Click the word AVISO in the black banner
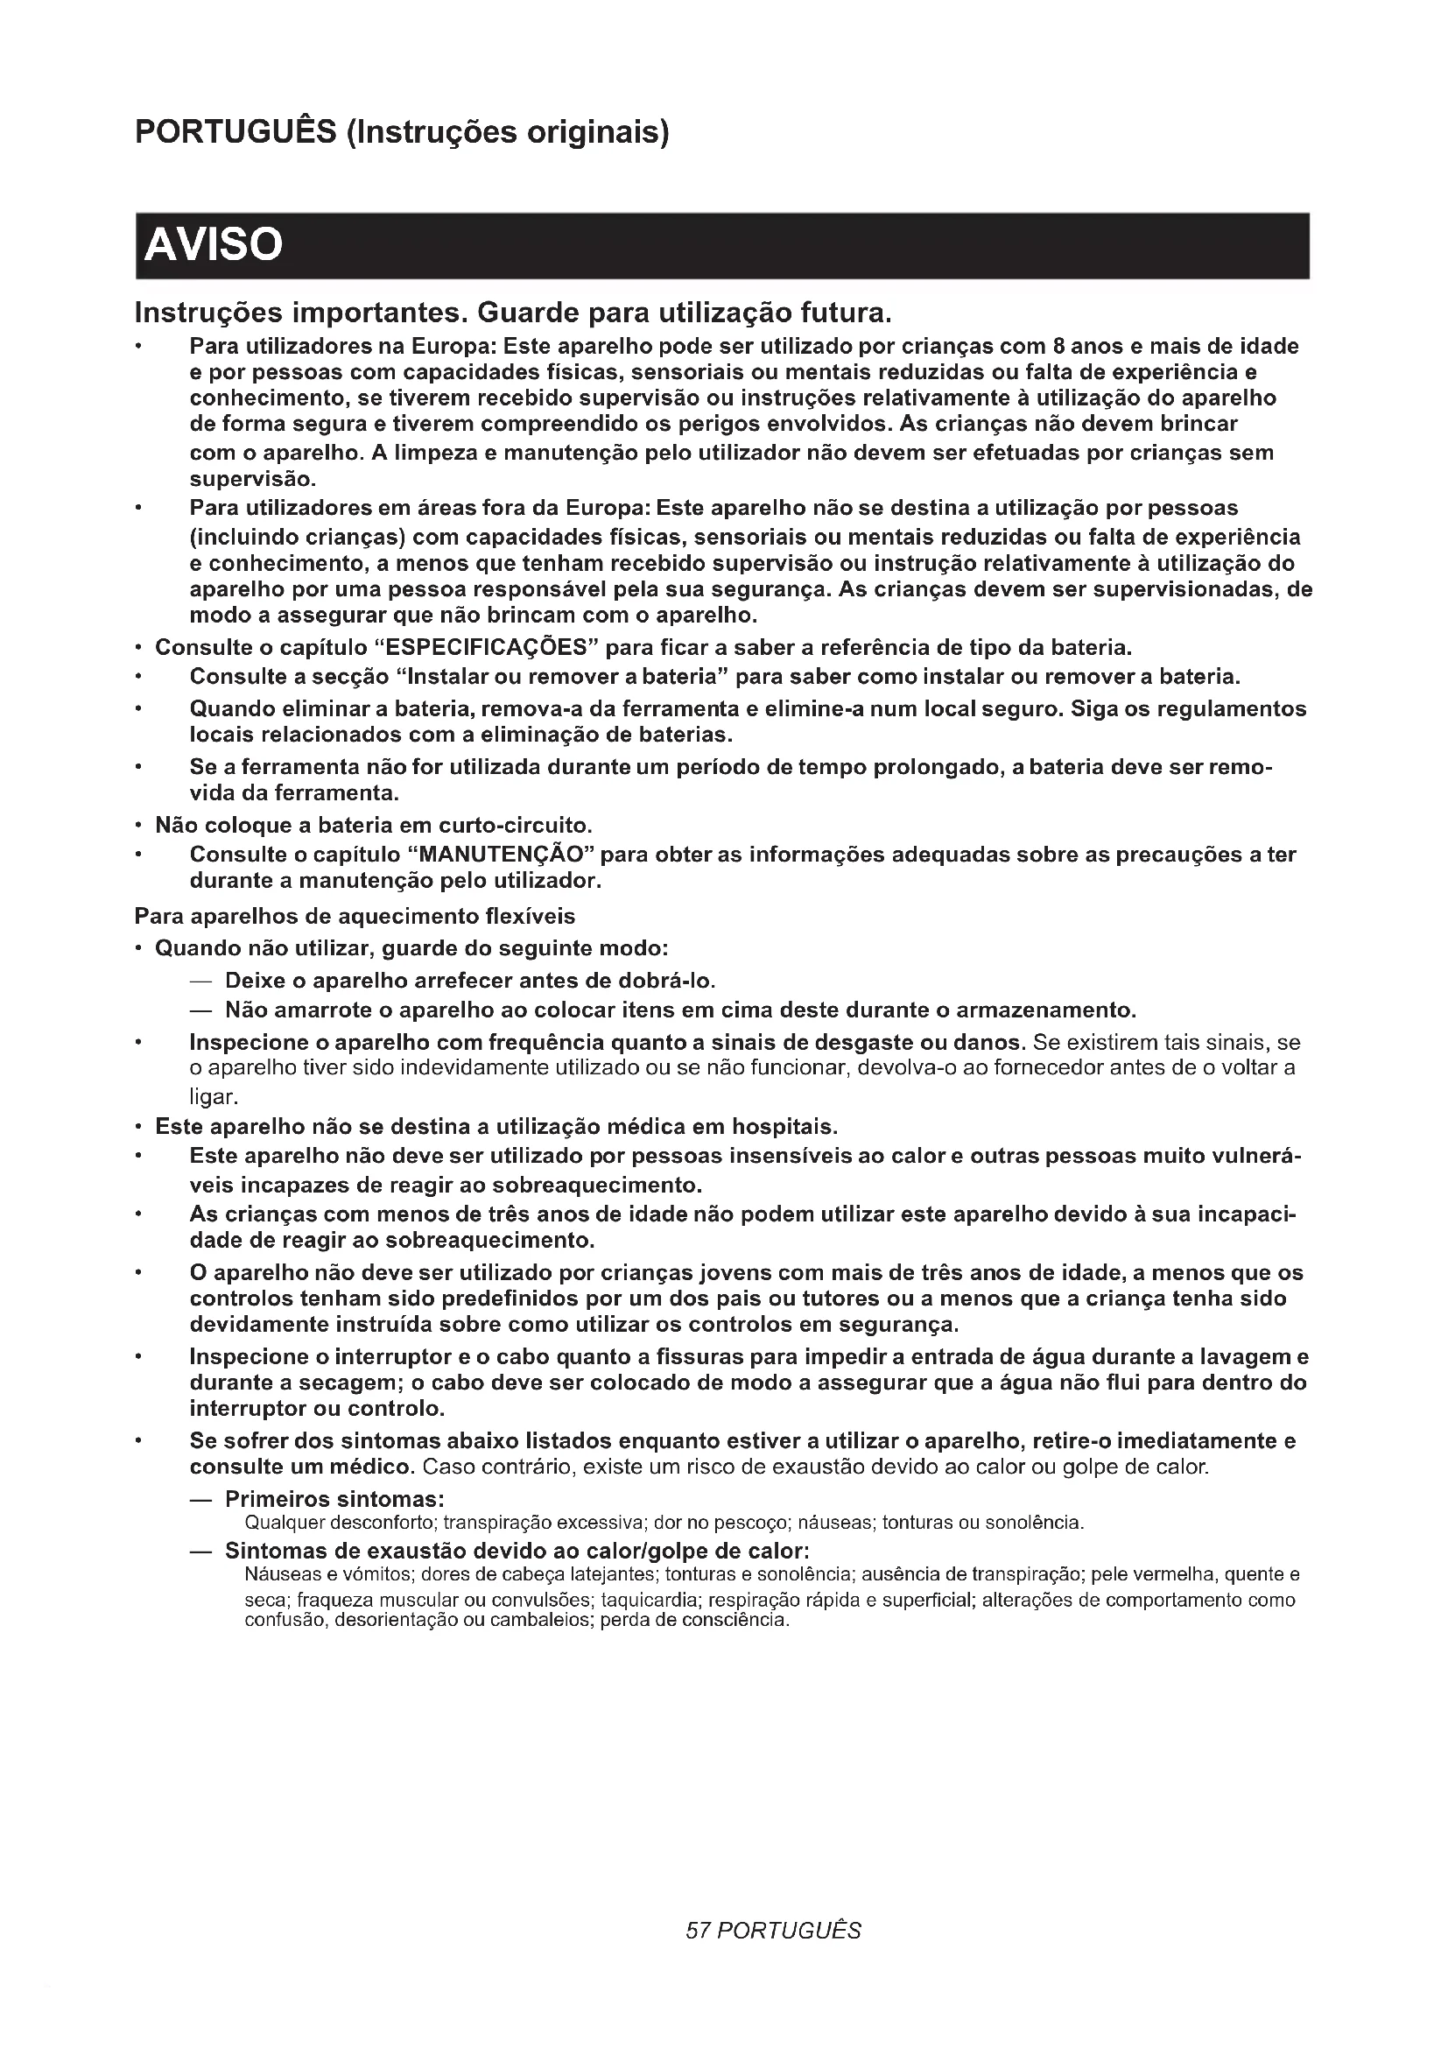coord(213,244)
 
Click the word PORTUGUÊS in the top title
coord(235,132)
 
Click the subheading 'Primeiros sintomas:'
coord(334,1498)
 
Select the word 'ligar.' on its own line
coord(214,1096)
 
